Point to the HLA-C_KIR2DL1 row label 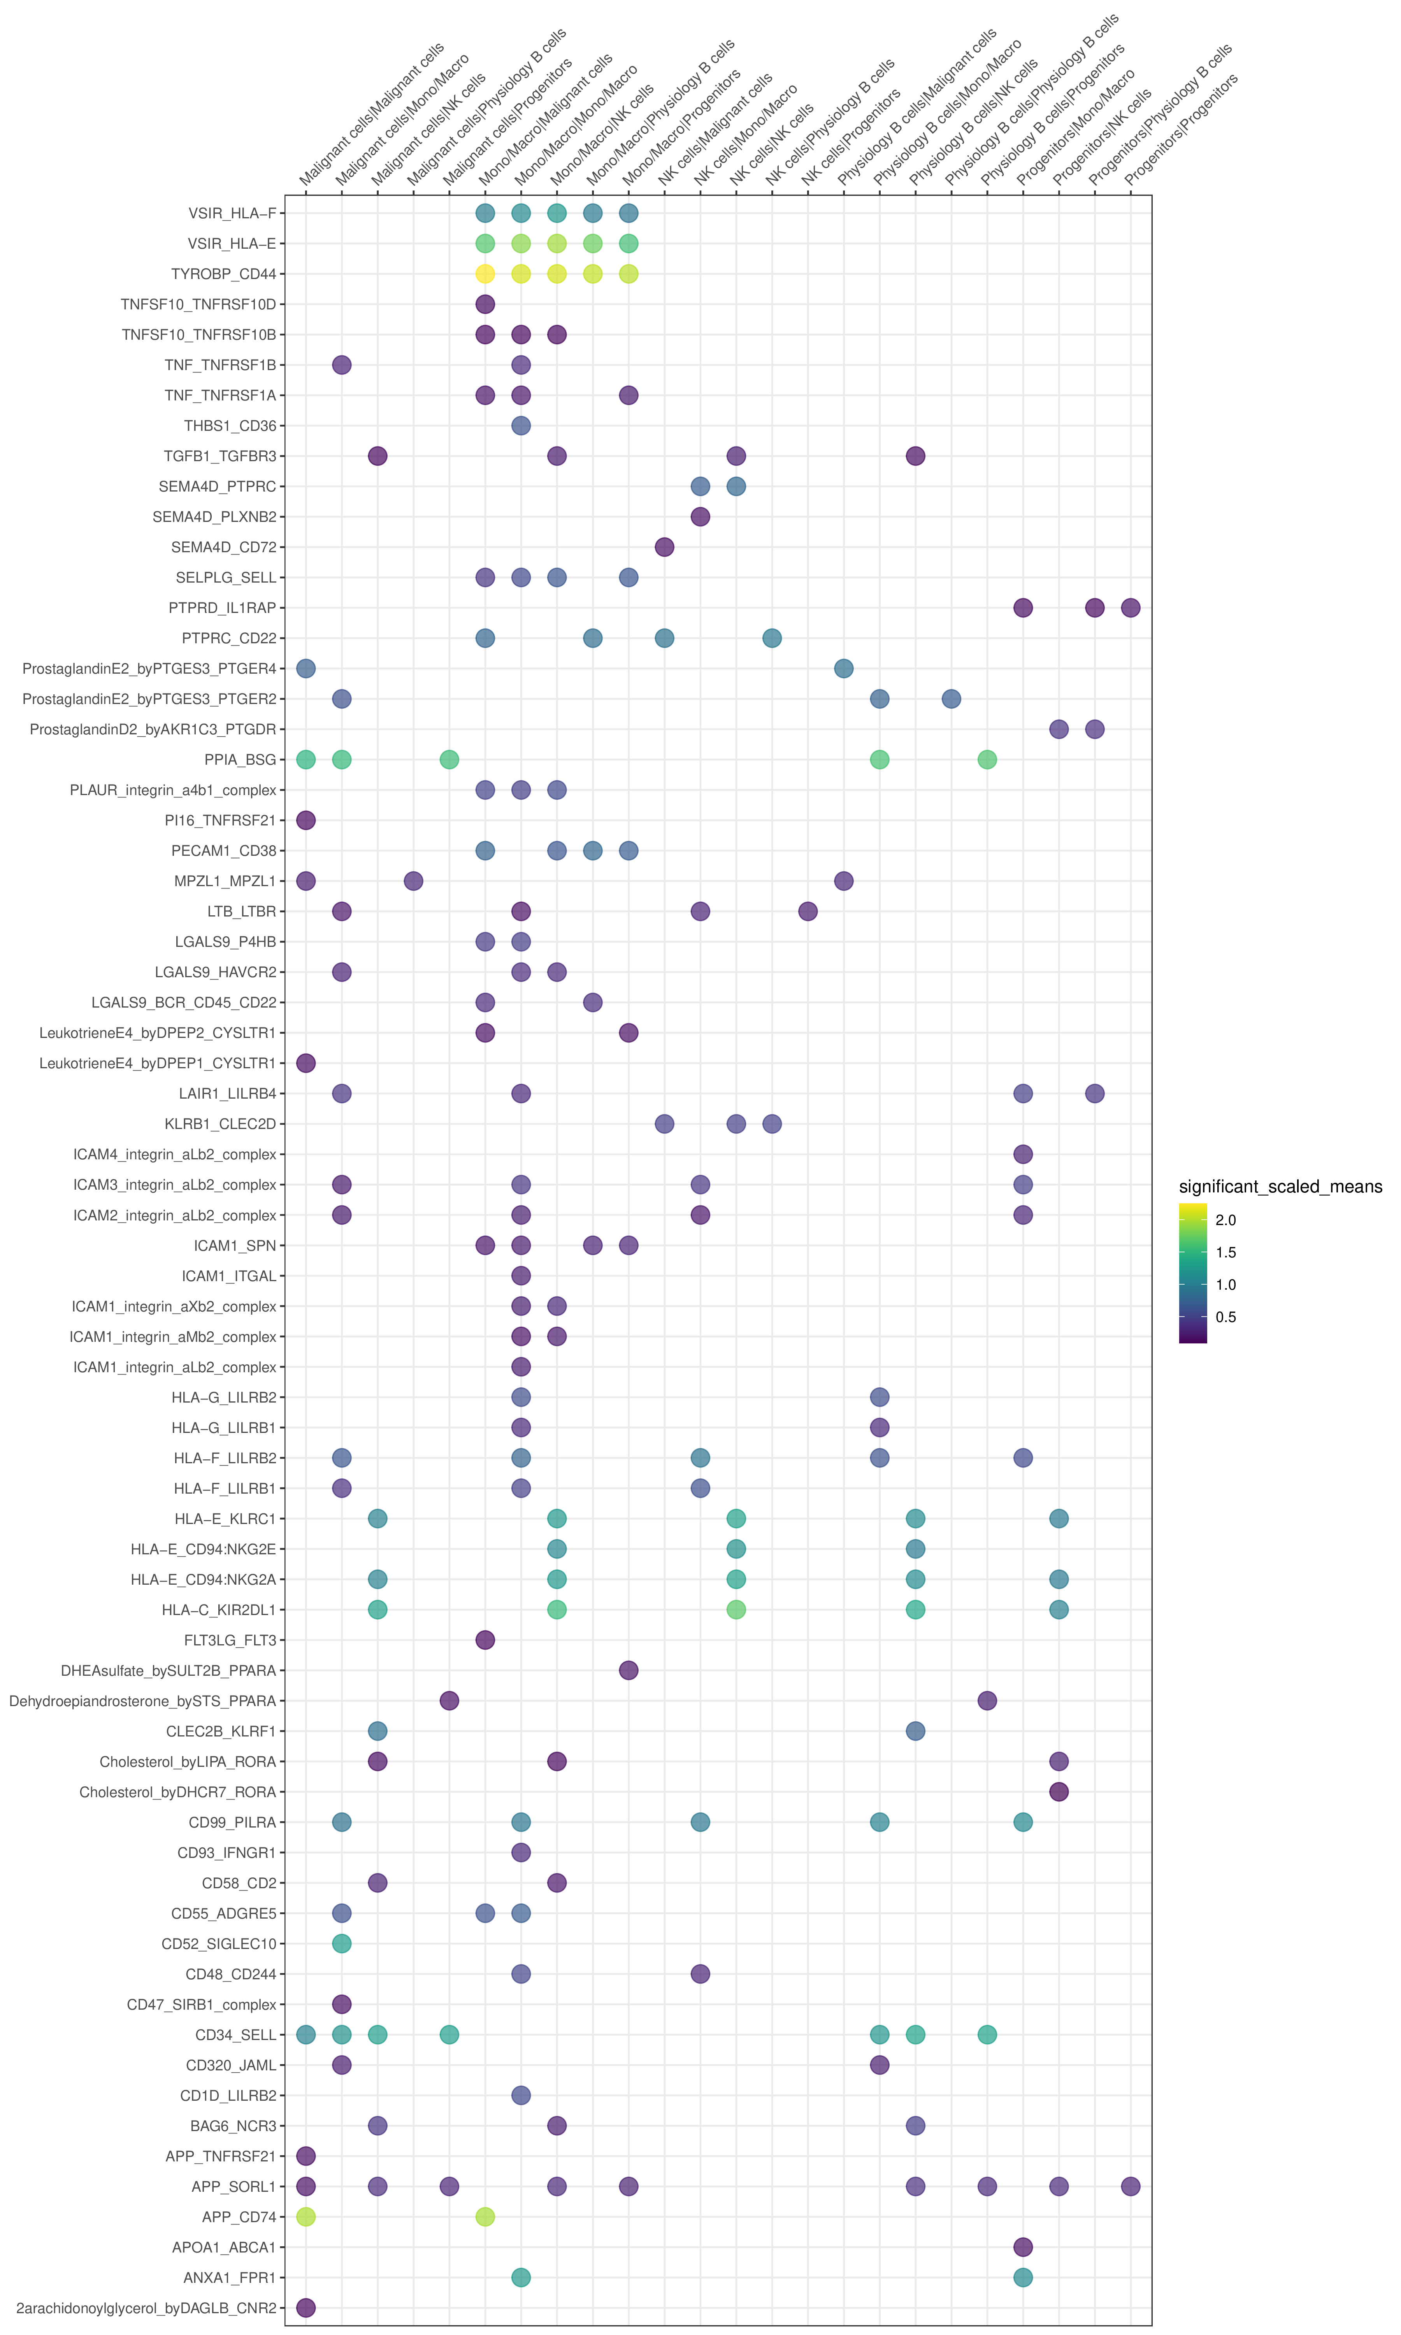click(219, 1610)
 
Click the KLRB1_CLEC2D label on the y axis click(220, 1124)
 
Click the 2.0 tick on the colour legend click(1225, 1220)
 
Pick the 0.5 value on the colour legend click(1225, 1317)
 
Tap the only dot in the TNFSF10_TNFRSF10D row click(485, 304)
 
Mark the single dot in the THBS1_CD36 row click(521, 426)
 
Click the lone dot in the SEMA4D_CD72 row click(665, 548)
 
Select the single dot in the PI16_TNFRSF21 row click(306, 820)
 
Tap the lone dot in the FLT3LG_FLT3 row click(485, 1640)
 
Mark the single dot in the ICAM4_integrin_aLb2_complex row click(1022, 1154)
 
